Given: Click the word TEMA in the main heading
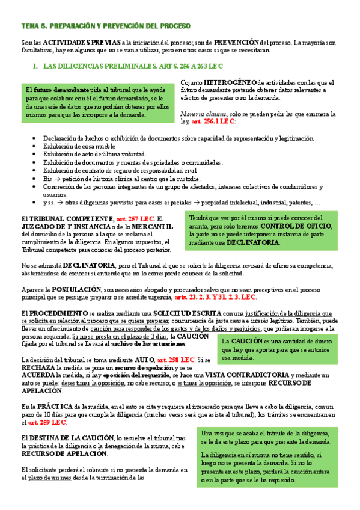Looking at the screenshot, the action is click(x=29, y=26).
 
